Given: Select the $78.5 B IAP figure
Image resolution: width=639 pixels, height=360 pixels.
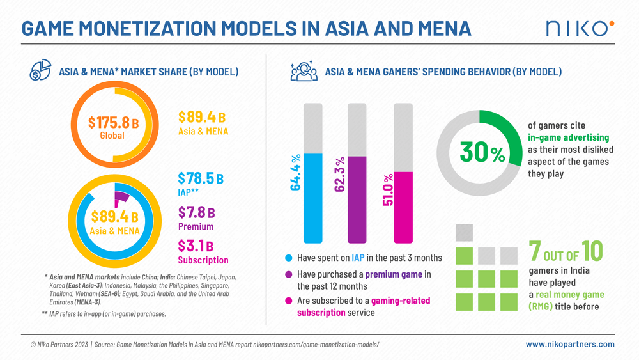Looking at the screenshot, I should pyautogui.click(x=201, y=178).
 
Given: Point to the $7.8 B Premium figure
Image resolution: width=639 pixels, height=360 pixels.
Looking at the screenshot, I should pyautogui.click(x=196, y=212).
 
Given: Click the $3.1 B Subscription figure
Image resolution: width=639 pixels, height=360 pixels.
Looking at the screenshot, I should pyautogui.click(x=196, y=246).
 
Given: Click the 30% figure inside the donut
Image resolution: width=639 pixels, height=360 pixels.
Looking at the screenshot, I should pyautogui.click(x=482, y=153).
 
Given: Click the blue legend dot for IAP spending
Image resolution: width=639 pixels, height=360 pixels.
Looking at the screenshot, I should pyautogui.click(x=289, y=258).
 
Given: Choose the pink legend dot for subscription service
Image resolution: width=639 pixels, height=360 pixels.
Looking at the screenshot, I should pyautogui.click(x=289, y=301).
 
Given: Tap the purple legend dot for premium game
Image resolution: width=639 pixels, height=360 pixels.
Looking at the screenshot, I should pyautogui.click(x=289, y=274).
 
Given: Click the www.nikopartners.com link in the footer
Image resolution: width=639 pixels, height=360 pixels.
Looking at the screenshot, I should pyautogui.click(x=570, y=344).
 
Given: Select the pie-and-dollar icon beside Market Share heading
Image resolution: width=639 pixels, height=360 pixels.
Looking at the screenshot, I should pyautogui.click(x=40, y=71).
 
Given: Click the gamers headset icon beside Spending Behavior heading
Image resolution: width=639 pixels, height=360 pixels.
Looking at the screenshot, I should pyautogui.click(x=304, y=71).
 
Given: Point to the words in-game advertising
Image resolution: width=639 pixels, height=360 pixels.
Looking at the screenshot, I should pyautogui.click(x=568, y=137).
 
